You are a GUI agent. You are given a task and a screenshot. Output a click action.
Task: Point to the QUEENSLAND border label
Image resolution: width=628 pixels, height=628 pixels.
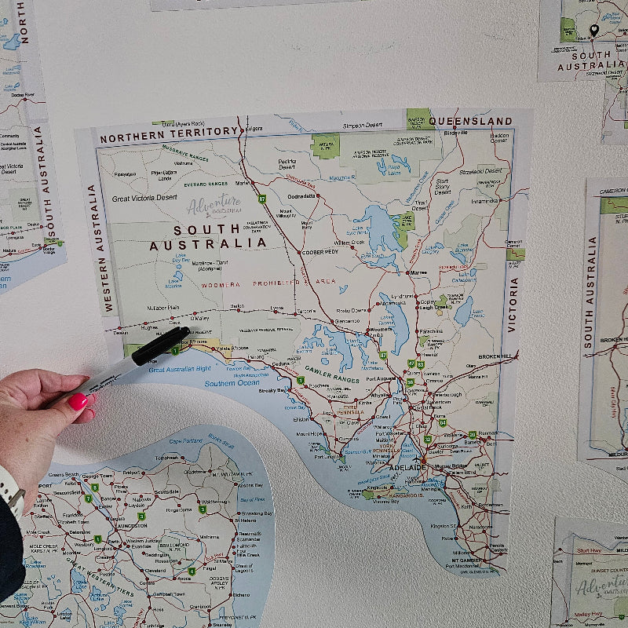coord(470,122)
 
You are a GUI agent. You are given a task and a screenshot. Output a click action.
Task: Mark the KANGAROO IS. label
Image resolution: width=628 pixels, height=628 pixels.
coord(392,493)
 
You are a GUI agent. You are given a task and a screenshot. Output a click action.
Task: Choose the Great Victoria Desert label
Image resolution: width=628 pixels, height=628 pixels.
coord(144,198)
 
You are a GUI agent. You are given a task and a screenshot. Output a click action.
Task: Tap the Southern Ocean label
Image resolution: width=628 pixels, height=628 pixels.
coord(232,384)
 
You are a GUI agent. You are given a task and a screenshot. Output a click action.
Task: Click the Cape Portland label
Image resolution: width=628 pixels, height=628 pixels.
coord(186,441)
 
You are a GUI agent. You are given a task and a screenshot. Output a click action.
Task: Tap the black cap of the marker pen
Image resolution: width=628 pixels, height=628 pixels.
coord(160,346)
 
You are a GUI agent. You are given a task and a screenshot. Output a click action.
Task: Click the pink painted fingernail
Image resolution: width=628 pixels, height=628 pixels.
coord(78,402)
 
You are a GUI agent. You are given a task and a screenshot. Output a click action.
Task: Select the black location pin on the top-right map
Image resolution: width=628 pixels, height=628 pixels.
coord(593,31)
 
